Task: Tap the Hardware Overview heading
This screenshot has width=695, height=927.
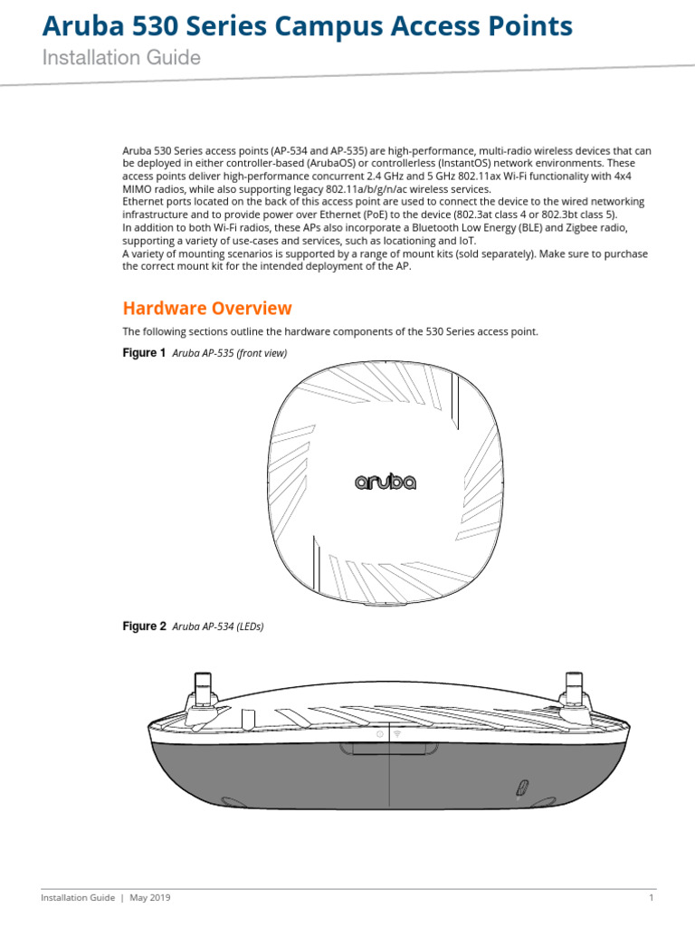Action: (207, 308)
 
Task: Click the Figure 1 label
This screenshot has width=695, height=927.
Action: (144, 353)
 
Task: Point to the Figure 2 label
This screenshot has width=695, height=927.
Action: (144, 626)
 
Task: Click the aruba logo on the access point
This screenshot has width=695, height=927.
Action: (385, 483)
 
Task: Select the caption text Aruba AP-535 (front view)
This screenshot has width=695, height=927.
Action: (229, 353)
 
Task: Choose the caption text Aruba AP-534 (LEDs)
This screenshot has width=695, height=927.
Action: (217, 626)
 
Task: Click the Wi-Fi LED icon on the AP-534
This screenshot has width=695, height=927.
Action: (398, 733)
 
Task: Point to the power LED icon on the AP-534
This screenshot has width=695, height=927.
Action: (379, 733)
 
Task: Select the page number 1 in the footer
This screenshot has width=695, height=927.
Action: (651, 898)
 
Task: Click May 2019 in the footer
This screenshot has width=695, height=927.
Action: (150, 898)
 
